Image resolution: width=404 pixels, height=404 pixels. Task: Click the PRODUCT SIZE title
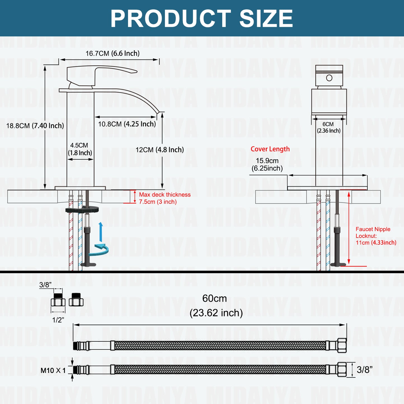pos(202,18)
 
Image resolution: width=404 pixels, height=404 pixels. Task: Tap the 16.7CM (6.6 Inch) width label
pos(112,53)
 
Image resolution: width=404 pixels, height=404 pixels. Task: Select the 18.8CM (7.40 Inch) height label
pos(35,126)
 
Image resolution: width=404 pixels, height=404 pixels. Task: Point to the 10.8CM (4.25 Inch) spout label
pos(127,124)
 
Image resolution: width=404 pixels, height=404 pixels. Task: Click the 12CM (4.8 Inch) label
pos(160,150)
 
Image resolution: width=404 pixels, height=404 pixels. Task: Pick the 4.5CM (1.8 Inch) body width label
pos(80,149)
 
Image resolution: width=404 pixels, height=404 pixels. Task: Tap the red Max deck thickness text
pos(164,198)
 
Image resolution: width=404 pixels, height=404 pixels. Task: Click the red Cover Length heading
pos(270,149)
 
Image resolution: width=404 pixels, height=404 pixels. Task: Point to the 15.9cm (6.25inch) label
pos(267,164)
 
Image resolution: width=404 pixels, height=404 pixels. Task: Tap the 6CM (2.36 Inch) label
pos(329,127)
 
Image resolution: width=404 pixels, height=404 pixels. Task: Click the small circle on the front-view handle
pos(329,78)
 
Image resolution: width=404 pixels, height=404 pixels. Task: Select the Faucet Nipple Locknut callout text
pos(375,236)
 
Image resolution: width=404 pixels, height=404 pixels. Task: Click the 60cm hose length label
pos(214,299)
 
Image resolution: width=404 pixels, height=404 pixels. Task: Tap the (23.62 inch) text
pos(216,313)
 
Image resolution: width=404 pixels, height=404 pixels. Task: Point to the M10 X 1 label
pos(53,370)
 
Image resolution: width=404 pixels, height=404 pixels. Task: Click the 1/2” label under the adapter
pos(58,320)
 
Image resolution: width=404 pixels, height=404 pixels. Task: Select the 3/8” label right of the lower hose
pos(364,370)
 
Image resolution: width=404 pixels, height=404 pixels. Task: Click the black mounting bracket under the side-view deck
pos(82,209)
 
